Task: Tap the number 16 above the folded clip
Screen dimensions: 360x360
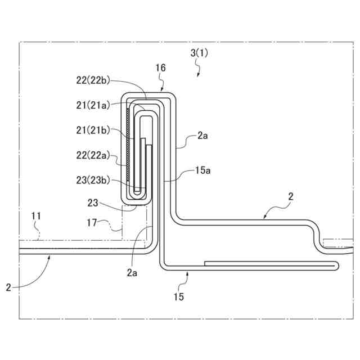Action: pos(160,67)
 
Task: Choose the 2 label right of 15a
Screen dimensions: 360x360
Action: pos(290,197)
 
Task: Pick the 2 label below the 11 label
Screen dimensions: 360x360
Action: pos(8,287)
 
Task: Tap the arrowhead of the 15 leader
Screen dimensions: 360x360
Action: pos(187,272)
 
